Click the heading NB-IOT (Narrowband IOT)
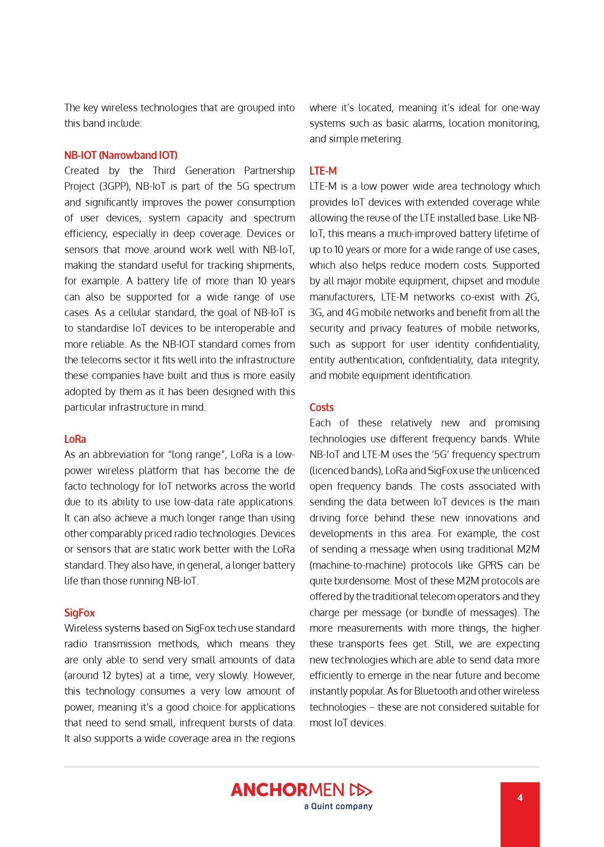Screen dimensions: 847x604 click(x=121, y=155)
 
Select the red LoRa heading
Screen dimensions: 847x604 click(x=75, y=439)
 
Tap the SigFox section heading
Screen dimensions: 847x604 click(x=80, y=613)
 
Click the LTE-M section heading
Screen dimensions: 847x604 click(x=323, y=171)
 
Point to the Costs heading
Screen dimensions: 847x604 click(x=321, y=407)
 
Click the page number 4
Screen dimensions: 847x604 click(x=520, y=798)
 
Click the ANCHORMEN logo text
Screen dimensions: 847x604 click(x=287, y=790)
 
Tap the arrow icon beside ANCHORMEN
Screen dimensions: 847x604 click(x=361, y=790)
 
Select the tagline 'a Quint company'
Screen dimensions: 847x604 click(x=338, y=806)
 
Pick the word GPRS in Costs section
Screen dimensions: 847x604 click(x=490, y=565)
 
